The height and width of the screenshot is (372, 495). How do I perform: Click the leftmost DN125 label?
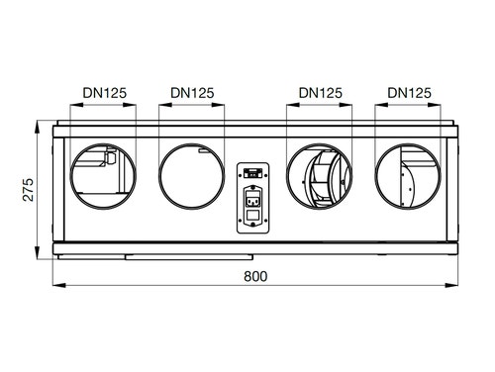click(x=102, y=92)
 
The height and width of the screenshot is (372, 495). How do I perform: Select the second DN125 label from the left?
click(x=191, y=92)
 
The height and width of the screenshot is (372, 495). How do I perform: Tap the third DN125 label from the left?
click(x=320, y=92)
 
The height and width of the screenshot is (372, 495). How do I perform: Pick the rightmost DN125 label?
click(x=409, y=92)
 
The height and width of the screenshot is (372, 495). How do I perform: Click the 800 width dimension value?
click(x=254, y=276)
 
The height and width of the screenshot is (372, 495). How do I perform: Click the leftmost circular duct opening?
click(x=102, y=178)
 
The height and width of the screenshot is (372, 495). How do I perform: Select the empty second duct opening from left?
click(x=191, y=178)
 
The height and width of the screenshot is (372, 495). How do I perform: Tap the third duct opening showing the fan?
click(x=319, y=178)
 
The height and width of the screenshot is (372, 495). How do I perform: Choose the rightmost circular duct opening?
click(x=408, y=178)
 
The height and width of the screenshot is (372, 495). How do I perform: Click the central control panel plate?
click(x=253, y=197)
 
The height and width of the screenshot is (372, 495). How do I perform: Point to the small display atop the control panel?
click(x=253, y=170)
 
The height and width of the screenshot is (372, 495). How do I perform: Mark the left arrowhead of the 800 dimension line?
click(x=54, y=286)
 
